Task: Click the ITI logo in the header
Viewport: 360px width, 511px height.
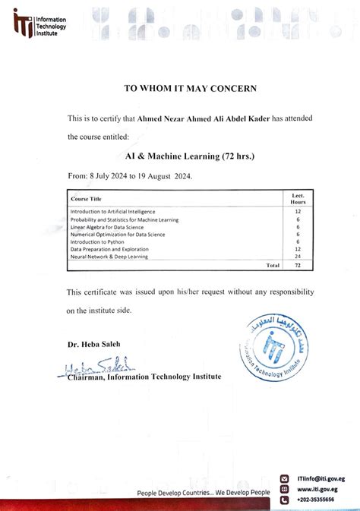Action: click(x=23, y=24)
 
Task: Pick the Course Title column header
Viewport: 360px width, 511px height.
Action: click(x=86, y=199)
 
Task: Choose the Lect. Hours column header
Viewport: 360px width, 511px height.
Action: click(x=298, y=199)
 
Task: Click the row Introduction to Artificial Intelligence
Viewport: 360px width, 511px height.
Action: click(x=113, y=211)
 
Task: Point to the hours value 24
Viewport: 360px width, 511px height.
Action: click(x=298, y=257)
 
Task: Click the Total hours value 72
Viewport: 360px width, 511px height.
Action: click(x=298, y=267)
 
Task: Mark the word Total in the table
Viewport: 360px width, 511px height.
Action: click(x=273, y=267)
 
